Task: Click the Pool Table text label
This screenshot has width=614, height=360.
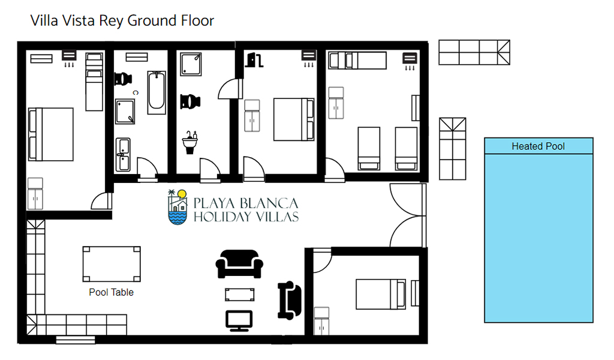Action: [x=111, y=292]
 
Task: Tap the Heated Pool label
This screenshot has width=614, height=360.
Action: [x=538, y=146]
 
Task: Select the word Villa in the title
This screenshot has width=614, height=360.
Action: [x=44, y=21]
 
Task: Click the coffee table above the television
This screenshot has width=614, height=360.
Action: [x=240, y=295]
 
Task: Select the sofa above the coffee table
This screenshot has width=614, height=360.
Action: [x=239, y=264]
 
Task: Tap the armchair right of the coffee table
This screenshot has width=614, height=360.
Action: [x=290, y=301]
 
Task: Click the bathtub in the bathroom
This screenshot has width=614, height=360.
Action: [x=156, y=92]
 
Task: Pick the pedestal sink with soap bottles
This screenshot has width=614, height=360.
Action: [x=190, y=142]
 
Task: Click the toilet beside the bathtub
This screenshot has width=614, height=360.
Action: [x=123, y=79]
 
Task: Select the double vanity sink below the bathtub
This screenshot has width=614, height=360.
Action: [x=123, y=154]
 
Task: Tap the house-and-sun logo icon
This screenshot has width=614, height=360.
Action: [x=177, y=207]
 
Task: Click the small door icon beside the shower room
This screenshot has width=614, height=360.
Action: [x=254, y=59]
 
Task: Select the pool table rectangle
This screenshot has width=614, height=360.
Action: [x=112, y=264]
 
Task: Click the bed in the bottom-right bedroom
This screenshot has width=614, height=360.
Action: [x=381, y=294]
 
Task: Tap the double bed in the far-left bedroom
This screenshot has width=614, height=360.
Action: [x=51, y=134]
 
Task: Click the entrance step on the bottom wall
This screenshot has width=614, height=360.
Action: [x=76, y=340]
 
